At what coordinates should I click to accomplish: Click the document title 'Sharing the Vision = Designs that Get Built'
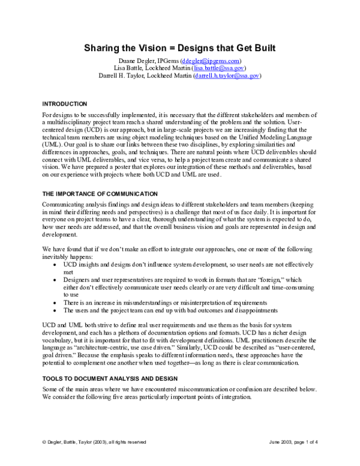180,47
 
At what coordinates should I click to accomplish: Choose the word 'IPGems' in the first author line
173,61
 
